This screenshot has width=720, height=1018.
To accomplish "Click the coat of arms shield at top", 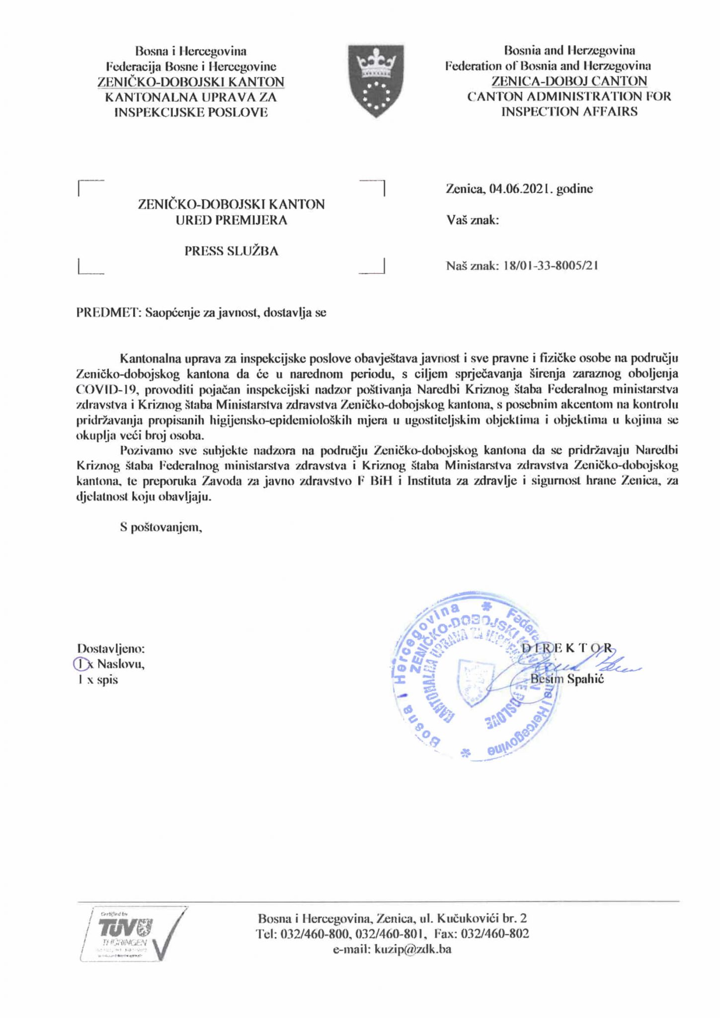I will pos(376,80).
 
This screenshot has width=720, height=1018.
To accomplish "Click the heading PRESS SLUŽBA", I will pos(231,251).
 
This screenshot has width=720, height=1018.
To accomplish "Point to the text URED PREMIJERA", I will pos(231,220).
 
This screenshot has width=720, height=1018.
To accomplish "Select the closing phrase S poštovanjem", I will pos(160,527).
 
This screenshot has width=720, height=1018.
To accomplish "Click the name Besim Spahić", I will pos(567,679).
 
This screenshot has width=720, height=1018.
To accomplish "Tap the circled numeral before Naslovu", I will pos(80,664).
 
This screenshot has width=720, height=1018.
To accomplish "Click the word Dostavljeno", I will pos(110,648).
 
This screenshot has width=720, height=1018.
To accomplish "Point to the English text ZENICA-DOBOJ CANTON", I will pos(568,81).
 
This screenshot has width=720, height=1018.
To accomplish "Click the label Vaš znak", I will pos(472,220).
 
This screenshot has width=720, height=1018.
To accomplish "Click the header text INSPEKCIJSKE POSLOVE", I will pos(191,112).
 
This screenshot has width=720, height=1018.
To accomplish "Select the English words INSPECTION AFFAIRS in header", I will pos(568,111).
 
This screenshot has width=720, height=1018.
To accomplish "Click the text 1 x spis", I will pos(97,679).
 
